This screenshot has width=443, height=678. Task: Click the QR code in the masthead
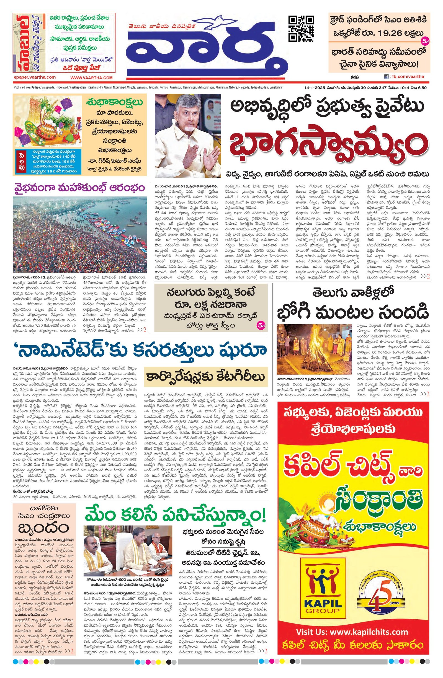point(302,29)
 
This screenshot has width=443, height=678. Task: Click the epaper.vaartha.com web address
point(35,77)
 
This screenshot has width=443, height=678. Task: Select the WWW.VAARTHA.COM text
point(92,78)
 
